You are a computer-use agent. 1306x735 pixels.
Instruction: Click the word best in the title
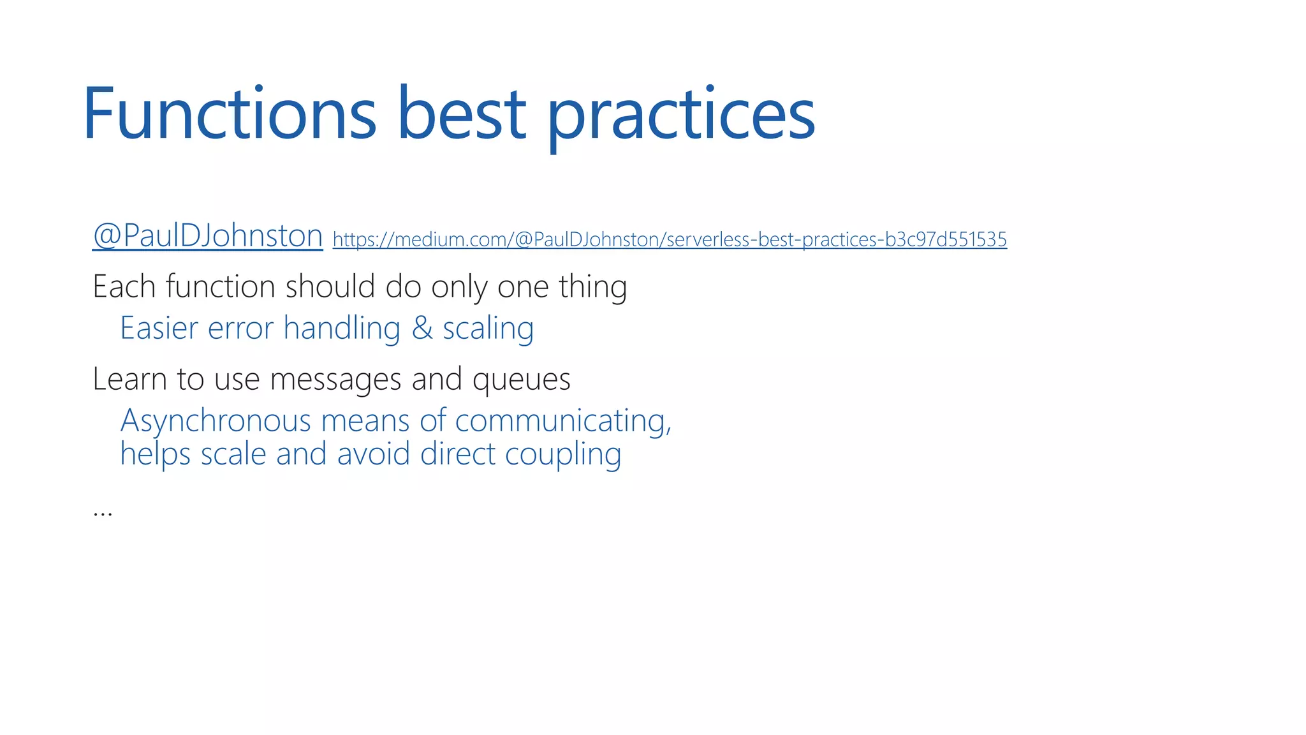pos(461,115)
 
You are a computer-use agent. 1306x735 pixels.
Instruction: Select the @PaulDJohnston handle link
pos(208,235)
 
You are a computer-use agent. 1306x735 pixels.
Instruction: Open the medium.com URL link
pos(670,239)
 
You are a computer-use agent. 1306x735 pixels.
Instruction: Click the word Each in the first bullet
pos(124,286)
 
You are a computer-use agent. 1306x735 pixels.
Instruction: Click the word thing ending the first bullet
pos(592,286)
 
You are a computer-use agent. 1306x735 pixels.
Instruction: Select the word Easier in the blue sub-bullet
pos(159,329)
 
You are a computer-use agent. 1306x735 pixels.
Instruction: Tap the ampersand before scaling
pos(422,329)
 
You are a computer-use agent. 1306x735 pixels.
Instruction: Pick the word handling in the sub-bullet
pos(342,329)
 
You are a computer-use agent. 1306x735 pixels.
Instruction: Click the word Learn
pos(130,379)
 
